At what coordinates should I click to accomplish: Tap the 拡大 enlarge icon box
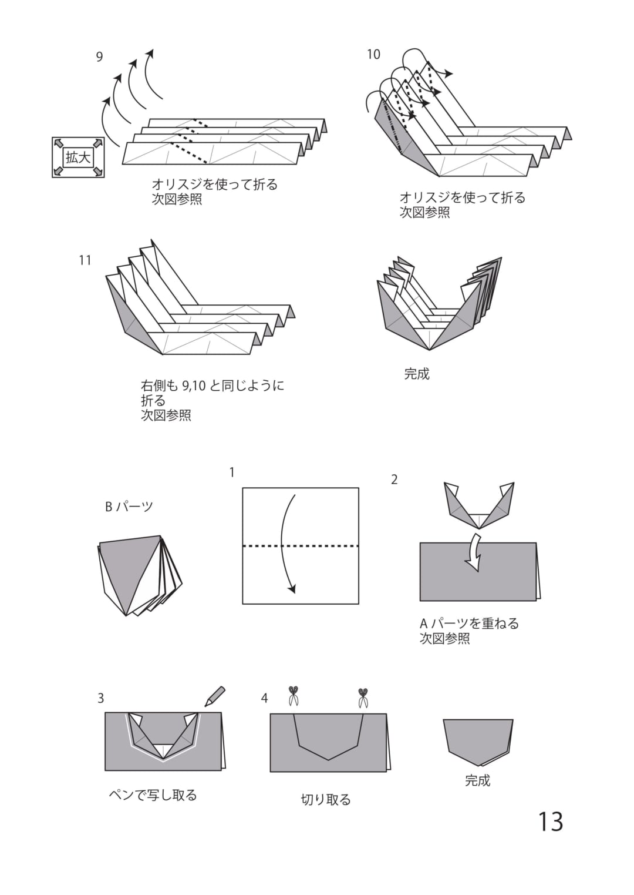point(78,157)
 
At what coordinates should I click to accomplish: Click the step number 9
point(99,57)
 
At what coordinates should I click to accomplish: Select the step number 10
point(374,54)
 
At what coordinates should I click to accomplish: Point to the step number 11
point(86,260)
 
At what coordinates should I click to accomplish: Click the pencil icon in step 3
point(215,697)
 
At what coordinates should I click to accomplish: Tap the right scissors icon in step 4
point(363,698)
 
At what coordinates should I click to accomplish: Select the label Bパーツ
point(129,507)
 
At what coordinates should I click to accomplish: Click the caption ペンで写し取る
point(153,795)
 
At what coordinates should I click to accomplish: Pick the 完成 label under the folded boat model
point(417,374)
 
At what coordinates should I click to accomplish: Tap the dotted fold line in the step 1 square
point(301,546)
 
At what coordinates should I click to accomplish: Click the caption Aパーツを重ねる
point(469,623)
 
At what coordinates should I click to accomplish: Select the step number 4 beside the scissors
point(264,698)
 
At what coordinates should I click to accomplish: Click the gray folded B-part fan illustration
point(140,575)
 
